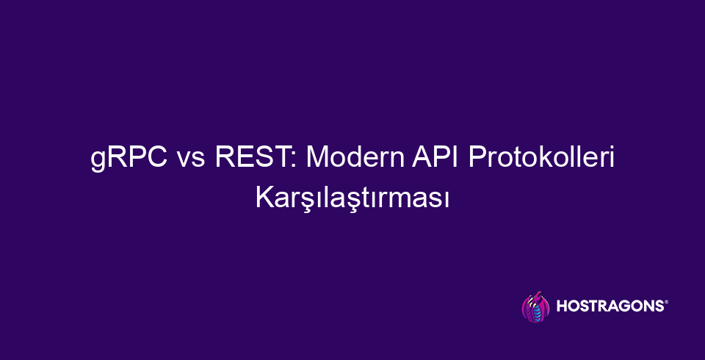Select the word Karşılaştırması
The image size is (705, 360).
coord(352,198)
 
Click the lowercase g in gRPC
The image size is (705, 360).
coord(98,161)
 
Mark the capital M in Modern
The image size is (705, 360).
coord(314,158)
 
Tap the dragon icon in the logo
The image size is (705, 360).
coord(534,307)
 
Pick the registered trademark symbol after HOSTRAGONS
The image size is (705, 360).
coord(666,302)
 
